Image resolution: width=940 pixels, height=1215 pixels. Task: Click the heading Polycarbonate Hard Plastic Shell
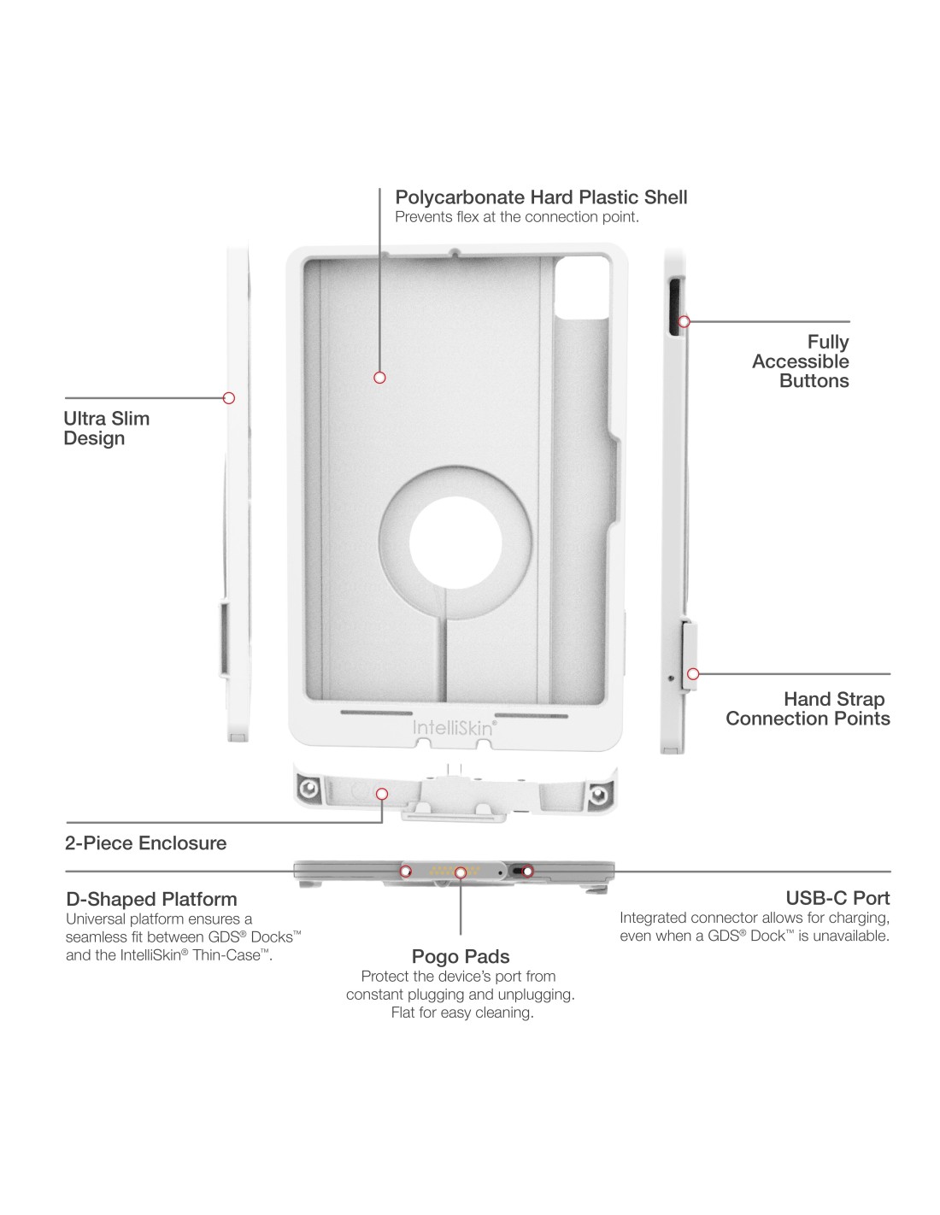[x=541, y=197]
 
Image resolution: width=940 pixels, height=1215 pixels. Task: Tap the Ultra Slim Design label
[x=106, y=428]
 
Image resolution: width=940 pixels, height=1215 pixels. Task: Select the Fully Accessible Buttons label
[x=801, y=361]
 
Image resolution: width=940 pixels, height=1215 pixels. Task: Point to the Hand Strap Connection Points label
[x=808, y=709]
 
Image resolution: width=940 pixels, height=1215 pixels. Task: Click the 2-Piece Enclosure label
[x=146, y=843]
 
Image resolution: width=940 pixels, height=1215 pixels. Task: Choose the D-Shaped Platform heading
[x=151, y=899]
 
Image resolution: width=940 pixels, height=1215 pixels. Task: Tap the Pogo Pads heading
[x=461, y=956]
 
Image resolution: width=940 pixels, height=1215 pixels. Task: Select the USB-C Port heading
[x=837, y=898]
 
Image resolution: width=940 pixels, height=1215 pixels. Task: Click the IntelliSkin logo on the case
[x=454, y=727]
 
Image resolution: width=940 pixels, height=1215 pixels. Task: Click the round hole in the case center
[x=455, y=543]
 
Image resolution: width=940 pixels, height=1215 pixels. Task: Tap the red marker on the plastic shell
[x=380, y=378]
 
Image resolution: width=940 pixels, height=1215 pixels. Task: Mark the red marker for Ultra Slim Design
[x=229, y=398]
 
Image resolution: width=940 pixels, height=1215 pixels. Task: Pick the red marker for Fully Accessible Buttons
[x=684, y=322]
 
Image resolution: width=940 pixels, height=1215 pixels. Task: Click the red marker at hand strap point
[x=693, y=674]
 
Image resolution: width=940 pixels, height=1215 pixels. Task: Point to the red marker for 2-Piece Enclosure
[x=382, y=795]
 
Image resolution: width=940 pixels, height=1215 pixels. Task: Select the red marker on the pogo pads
[x=461, y=872]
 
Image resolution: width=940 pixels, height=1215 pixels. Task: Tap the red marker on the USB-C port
[x=528, y=872]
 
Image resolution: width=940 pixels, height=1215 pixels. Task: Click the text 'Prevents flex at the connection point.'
[x=517, y=217]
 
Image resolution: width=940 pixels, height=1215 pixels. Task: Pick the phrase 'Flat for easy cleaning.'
[x=462, y=1012]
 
